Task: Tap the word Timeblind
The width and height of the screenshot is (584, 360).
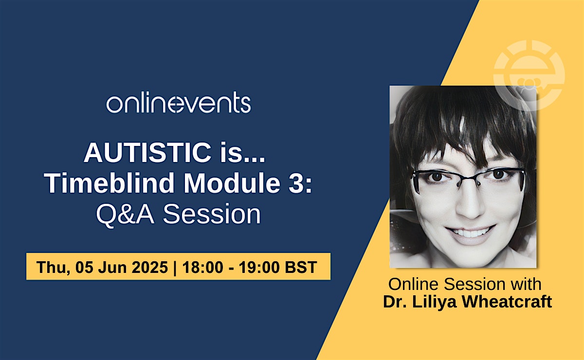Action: [109, 183]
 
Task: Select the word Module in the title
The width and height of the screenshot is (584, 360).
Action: [232, 183]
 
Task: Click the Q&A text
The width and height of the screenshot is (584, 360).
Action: [125, 214]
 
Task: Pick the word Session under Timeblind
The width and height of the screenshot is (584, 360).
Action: [212, 214]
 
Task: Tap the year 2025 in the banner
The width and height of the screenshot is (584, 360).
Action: [150, 267]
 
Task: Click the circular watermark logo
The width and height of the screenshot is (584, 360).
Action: [529, 75]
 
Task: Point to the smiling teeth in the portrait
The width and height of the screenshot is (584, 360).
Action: [469, 233]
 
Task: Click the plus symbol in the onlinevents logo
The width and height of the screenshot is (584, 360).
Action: [178, 104]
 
